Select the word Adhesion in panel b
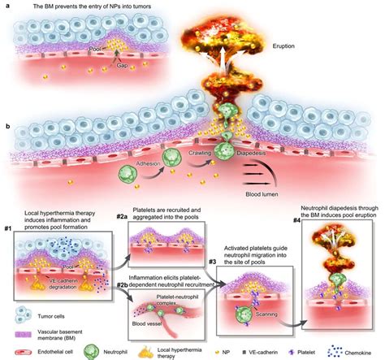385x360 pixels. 145,161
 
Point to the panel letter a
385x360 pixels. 6,6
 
